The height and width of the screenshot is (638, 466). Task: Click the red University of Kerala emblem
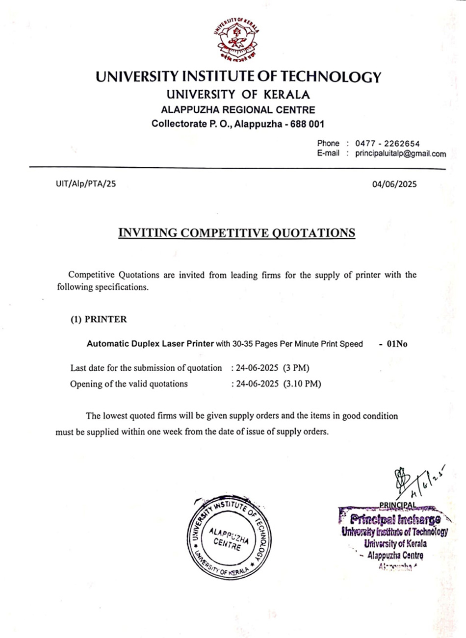[x=237, y=40]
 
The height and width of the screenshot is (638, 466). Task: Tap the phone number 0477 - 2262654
[x=388, y=144]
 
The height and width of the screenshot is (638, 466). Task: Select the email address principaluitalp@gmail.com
[x=400, y=154]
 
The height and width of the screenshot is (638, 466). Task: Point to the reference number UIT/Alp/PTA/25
[x=86, y=184]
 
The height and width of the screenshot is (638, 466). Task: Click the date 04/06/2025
[x=394, y=184]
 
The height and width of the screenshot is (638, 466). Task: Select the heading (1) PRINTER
[x=99, y=320]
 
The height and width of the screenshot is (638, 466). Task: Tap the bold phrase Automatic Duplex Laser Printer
[x=150, y=344]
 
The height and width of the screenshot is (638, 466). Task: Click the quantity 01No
[x=397, y=344]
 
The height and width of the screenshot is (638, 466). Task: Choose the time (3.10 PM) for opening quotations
[x=302, y=384]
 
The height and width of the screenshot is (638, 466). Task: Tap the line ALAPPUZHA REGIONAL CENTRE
[x=238, y=110]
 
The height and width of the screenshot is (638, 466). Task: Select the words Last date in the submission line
[x=88, y=368]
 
